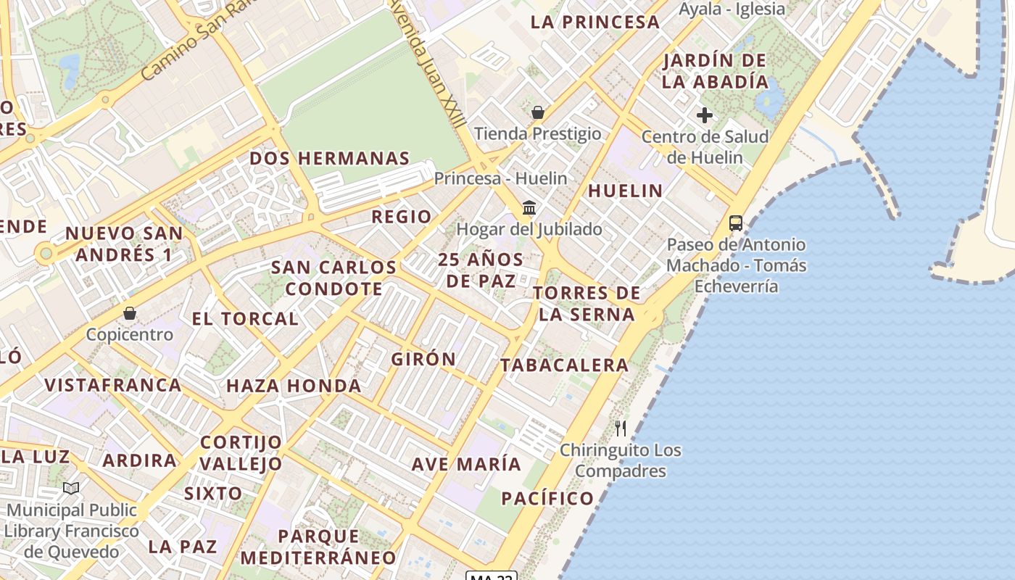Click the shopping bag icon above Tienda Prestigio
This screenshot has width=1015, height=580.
pyautogui.click(x=538, y=112)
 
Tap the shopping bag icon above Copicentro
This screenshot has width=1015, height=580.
pyautogui.click(x=130, y=313)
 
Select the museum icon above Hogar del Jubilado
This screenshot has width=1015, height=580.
pyautogui.click(x=529, y=208)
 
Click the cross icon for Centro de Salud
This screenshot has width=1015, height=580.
pyautogui.click(x=704, y=115)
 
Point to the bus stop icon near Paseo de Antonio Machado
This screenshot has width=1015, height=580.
pyautogui.click(x=736, y=223)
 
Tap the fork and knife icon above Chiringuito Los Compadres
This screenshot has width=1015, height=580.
pyautogui.click(x=621, y=428)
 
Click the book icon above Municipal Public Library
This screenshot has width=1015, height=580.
pyautogui.click(x=71, y=489)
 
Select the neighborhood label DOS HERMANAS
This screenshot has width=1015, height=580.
pyautogui.click(x=330, y=158)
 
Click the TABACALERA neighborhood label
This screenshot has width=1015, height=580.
pyautogui.click(x=565, y=365)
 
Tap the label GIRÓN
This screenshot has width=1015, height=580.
pyautogui.click(x=424, y=359)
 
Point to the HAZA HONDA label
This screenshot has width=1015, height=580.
pyautogui.click(x=294, y=386)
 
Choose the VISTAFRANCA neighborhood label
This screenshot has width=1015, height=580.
pyautogui.click(x=113, y=385)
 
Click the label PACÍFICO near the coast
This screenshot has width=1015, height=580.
pyautogui.click(x=548, y=498)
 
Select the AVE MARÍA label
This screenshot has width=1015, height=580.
pyautogui.click(x=466, y=464)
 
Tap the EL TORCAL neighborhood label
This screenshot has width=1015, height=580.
pyautogui.click(x=245, y=318)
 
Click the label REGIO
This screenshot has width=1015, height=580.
pyautogui.click(x=402, y=216)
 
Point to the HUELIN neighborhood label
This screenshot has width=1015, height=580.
pyautogui.click(x=625, y=191)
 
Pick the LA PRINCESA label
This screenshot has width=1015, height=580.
pyautogui.click(x=595, y=22)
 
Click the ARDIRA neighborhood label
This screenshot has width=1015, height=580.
pyautogui.click(x=139, y=460)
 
